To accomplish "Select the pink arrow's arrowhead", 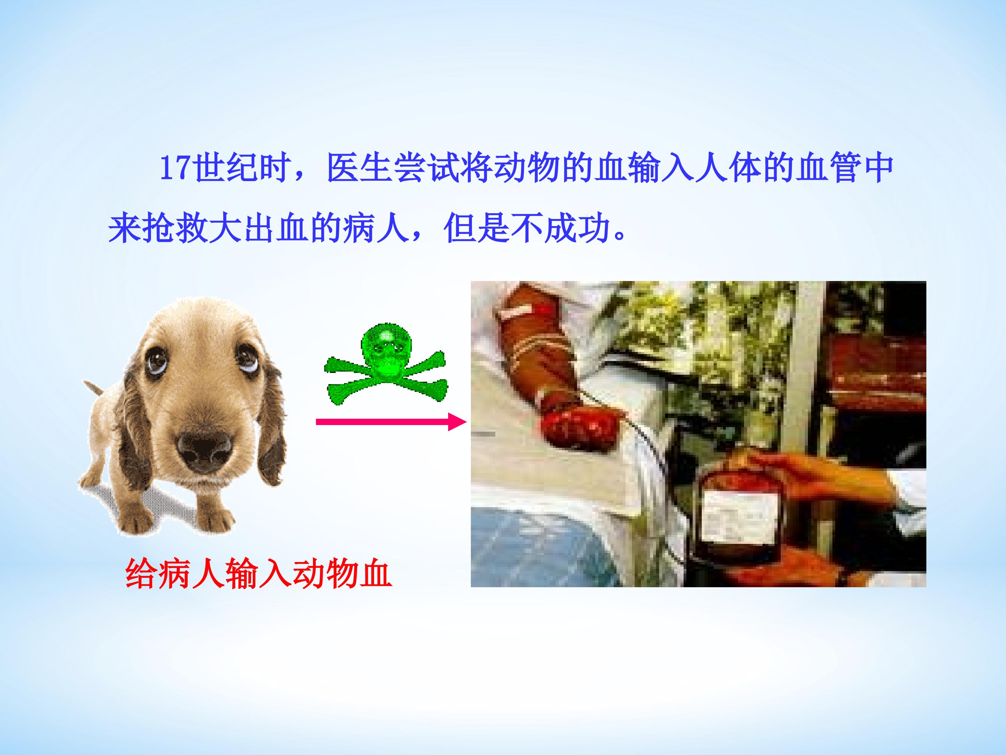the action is click(x=457, y=422).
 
